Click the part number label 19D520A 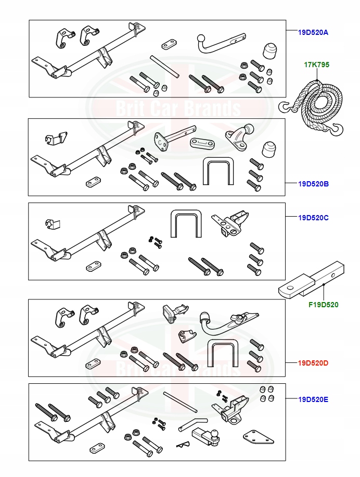(x=313, y=32)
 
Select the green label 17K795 (x=316, y=65)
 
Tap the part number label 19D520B (x=313, y=184)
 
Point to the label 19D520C (x=313, y=217)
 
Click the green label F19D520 (x=324, y=305)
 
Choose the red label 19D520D (x=313, y=362)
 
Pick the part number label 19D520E (x=313, y=400)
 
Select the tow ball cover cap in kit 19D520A (x=270, y=51)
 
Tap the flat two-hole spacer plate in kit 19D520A (x=169, y=43)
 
